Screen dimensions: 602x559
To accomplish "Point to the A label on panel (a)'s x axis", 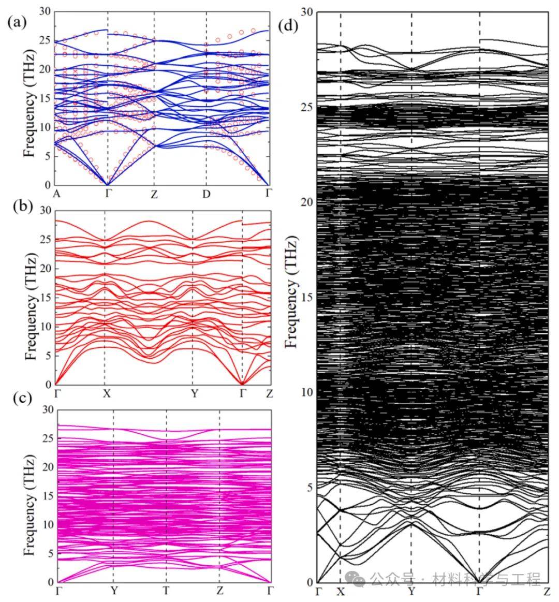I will pyautogui.click(x=56, y=194).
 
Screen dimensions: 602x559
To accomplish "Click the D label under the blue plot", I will pyautogui.click(x=207, y=194).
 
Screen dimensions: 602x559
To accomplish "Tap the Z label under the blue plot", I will pyautogui.click(x=154, y=194).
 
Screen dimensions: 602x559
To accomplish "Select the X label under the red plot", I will pyautogui.click(x=106, y=393).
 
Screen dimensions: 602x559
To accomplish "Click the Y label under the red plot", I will pyautogui.click(x=194, y=393).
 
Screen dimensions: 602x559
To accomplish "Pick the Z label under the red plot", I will pyautogui.click(x=268, y=393).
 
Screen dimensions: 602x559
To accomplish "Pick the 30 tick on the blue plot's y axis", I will pyautogui.click(x=46, y=11).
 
